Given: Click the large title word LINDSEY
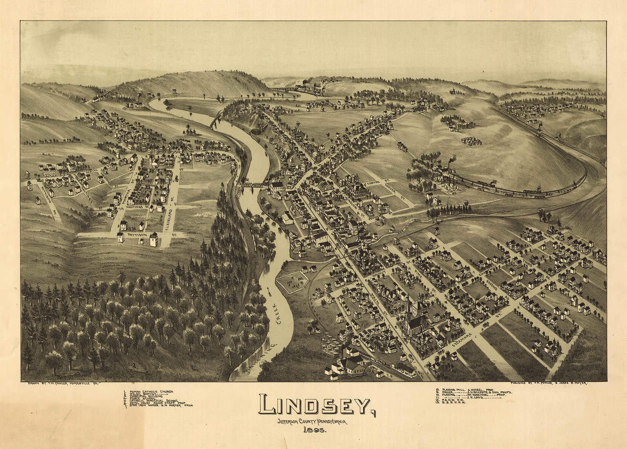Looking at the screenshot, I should click(x=313, y=404).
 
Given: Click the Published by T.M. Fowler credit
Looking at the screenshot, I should click(x=549, y=382).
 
